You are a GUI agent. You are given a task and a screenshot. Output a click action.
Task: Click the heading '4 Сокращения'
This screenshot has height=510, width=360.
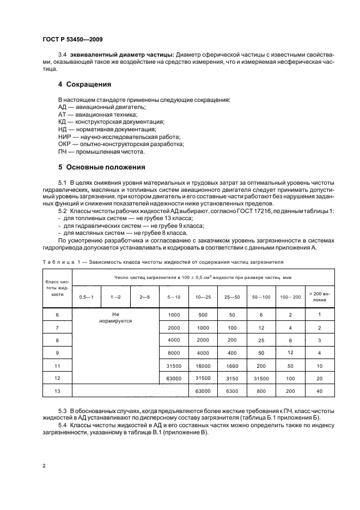84,84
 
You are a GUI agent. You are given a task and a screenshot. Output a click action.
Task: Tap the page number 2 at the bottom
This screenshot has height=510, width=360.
44,466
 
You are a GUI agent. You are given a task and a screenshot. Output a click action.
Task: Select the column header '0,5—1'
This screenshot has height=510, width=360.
87,296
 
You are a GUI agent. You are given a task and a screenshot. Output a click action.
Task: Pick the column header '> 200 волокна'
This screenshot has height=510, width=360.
319,296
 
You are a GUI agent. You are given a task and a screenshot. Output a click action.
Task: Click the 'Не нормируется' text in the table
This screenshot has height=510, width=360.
115,318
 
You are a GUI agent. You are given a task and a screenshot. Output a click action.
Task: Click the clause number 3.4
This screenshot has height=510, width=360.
62,56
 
